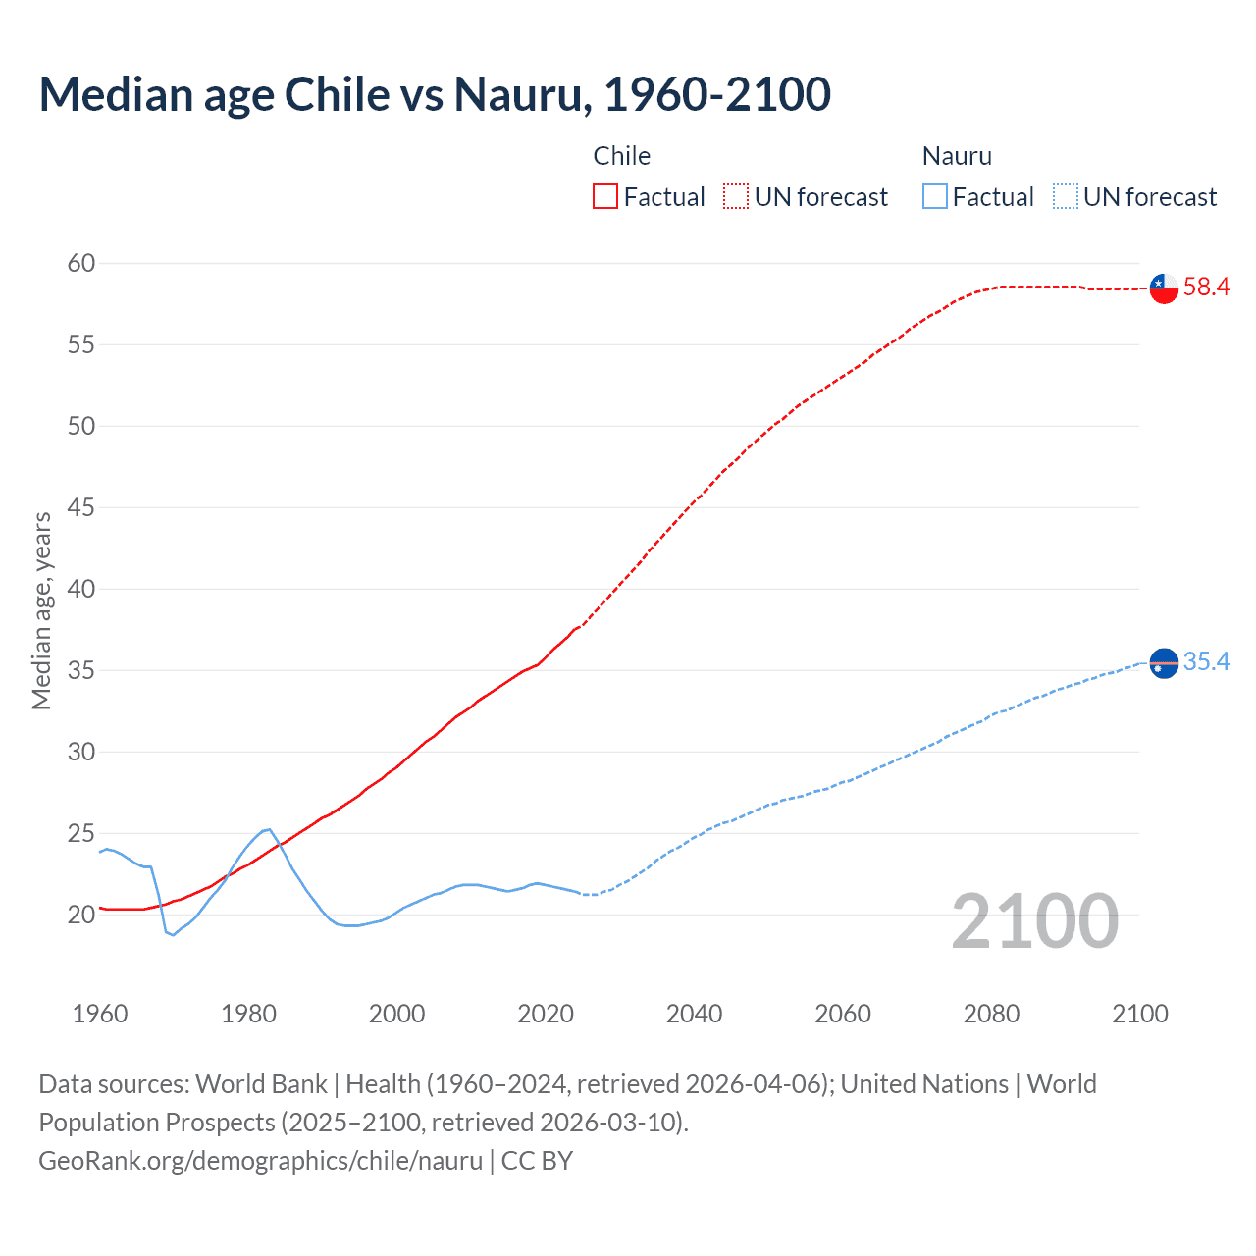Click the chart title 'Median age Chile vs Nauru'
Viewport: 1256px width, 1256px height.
tap(435, 95)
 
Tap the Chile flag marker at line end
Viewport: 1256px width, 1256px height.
tap(1164, 288)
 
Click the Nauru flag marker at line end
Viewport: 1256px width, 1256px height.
tap(1164, 663)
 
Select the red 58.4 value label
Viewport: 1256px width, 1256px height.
tap(1206, 288)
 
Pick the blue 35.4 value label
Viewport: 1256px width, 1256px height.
tap(1206, 662)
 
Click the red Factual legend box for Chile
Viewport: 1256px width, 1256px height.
tap(605, 197)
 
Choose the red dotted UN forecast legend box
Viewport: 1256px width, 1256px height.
tap(736, 197)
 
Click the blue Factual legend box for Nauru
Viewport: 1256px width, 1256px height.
tap(935, 197)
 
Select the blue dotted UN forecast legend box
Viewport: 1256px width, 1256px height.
tap(1065, 197)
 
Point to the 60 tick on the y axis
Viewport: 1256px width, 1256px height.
tap(81, 263)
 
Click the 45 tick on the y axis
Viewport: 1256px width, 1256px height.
tap(81, 507)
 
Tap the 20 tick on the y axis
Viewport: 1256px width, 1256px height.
tap(81, 915)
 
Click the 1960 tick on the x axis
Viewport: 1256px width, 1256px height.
tap(100, 1014)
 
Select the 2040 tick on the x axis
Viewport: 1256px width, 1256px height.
tap(694, 1014)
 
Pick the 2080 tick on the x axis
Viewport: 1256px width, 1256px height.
tap(991, 1014)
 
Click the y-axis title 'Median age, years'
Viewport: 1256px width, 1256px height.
tap(41, 610)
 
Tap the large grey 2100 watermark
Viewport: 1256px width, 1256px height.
tap(1034, 921)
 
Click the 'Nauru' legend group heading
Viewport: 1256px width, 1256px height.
tap(957, 156)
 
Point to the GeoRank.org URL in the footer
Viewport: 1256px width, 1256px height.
tap(260, 1161)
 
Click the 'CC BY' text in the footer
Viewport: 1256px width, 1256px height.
tap(537, 1161)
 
